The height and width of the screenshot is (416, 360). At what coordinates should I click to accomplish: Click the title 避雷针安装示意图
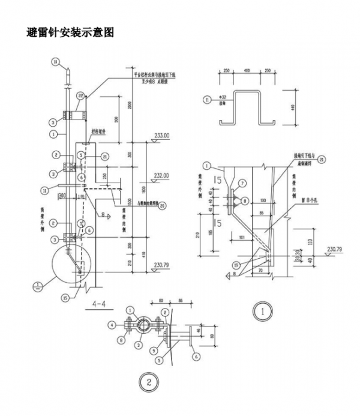tap(70, 32)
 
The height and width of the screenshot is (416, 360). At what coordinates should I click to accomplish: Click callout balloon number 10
tap(55, 61)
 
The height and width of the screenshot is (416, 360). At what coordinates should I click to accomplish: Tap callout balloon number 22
tap(80, 95)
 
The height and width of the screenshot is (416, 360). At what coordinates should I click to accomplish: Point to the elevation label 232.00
tap(162, 175)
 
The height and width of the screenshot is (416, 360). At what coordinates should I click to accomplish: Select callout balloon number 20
tap(162, 205)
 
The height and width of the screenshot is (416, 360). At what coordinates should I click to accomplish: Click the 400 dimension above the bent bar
tap(247, 71)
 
